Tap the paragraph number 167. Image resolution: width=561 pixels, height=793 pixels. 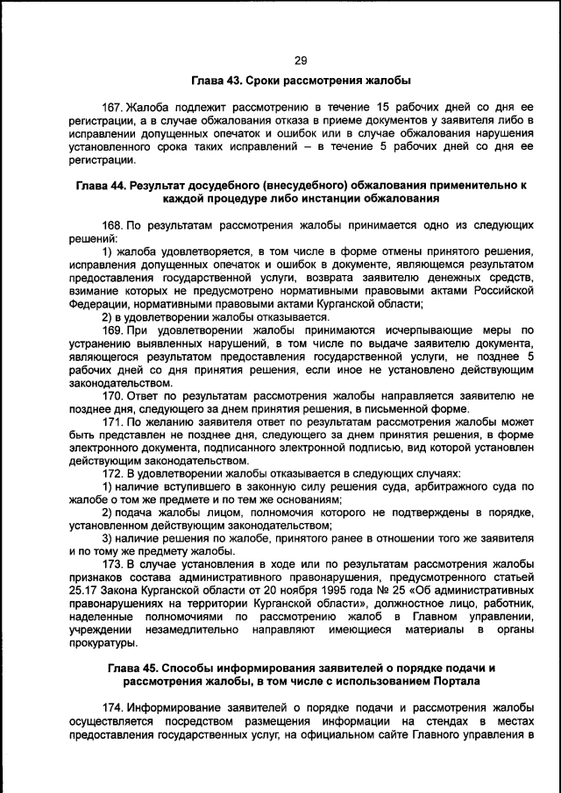(112, 107)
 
